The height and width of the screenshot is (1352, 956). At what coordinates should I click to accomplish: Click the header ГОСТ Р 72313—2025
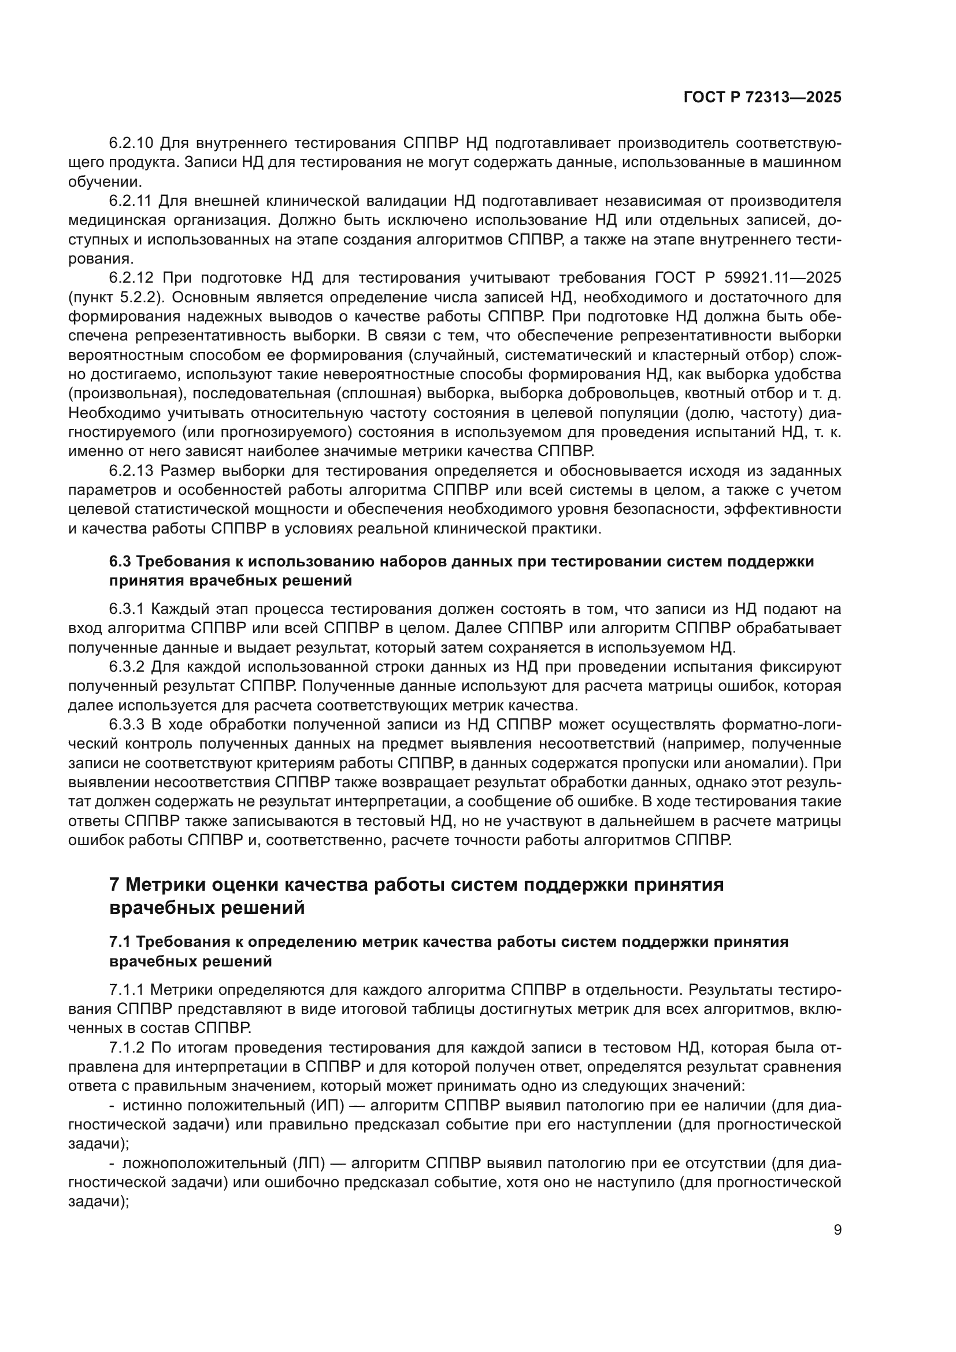point(762,98)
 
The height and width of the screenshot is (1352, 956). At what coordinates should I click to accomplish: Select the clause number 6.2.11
point(130,201)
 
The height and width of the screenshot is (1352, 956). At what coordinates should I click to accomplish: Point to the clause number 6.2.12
point(131,278)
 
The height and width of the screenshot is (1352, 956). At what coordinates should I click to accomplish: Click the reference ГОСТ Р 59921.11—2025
point(747,278)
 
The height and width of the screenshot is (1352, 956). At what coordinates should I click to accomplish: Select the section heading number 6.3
point(120,561)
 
